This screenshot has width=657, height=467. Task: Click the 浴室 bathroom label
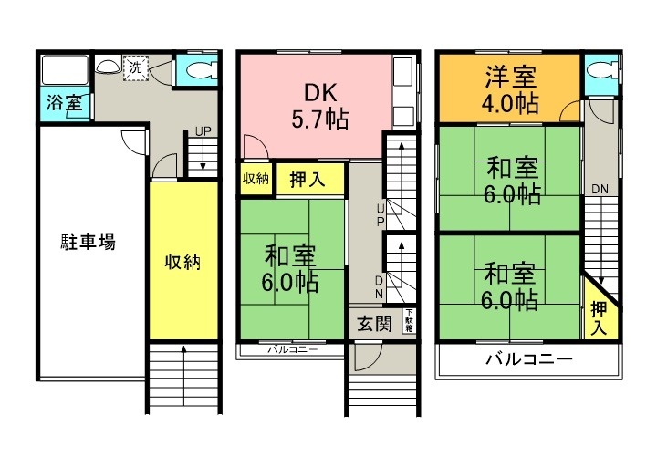63,102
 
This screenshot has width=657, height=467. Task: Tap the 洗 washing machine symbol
135,67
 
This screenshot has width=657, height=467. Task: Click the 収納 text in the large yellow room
182,262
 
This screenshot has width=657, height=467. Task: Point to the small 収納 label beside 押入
255,178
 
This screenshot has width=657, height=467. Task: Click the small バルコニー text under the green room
292,349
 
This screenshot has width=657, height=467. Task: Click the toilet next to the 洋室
599,74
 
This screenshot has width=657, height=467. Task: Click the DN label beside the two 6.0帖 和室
599,189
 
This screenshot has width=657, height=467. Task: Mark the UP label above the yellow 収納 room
203,131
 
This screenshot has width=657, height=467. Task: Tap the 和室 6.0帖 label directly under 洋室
509,180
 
